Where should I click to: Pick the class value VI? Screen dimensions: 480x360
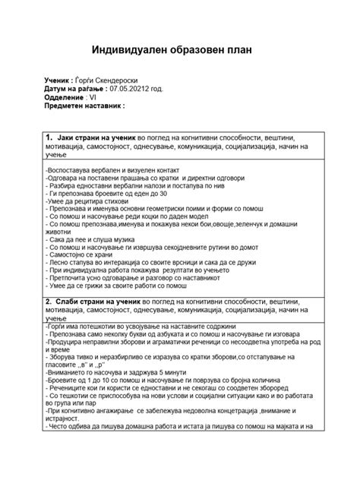click(93, 98)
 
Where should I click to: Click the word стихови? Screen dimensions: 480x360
click(115, 203)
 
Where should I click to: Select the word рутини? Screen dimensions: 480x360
click(195, 248)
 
